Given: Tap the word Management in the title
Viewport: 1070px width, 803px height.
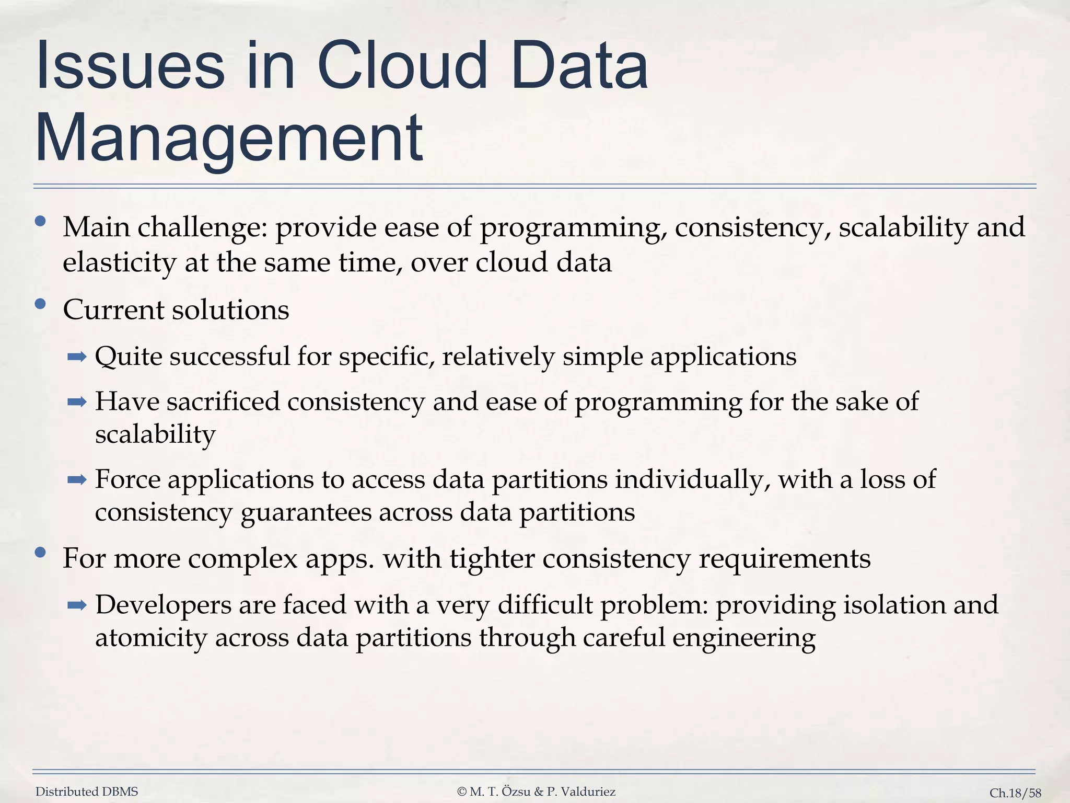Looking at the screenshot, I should tap(229, 139).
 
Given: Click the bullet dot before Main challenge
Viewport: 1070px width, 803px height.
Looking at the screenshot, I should tap(40, 222).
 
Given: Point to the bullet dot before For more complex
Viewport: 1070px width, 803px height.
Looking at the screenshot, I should tap(40, 552).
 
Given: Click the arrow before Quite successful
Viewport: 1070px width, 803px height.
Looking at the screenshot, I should tap(77, 358).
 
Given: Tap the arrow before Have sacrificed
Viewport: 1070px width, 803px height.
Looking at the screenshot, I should tap(77, 402).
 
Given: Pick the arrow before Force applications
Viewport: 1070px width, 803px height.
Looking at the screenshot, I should tap(77, 479).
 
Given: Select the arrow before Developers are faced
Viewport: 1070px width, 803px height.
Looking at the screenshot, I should tap(77, 605).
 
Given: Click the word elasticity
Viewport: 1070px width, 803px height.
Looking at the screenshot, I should tap(119, 262).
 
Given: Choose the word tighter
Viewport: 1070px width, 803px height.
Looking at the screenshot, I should tap(492, 558).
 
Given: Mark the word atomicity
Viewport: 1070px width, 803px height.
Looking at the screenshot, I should tap(151, 638).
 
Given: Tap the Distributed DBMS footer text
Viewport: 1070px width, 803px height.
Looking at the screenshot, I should tap(87, 791).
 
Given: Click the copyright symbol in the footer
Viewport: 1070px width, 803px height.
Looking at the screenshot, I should tap(461, 791).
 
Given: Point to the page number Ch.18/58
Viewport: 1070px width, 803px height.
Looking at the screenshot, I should tap(1015, 793).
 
